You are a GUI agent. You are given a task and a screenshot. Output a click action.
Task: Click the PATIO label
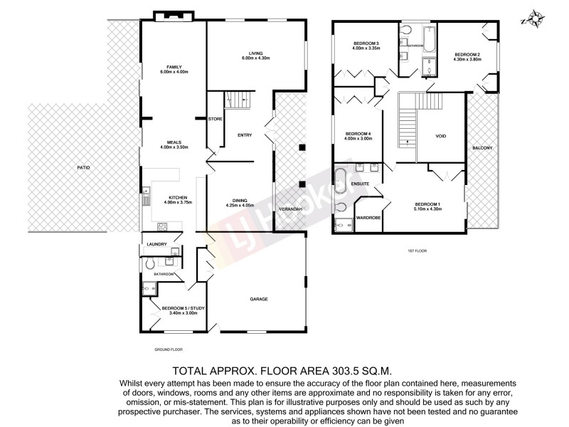coord(84,167)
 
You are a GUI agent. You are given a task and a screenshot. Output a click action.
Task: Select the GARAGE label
coord(258,299)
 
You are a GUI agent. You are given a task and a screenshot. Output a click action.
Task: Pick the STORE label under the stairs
coord(216,119)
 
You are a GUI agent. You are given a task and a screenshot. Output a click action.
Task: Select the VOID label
coord(440,136)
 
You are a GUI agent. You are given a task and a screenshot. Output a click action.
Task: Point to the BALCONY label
coord(482,147)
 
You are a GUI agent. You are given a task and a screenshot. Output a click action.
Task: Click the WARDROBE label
coord(369,217)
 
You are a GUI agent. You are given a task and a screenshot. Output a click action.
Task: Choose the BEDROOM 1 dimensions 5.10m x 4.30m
coord(427,209)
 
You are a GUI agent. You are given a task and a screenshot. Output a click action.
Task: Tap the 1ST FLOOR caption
coord(416,251)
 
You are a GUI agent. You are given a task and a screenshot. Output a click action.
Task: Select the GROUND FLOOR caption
coord(169,349)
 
